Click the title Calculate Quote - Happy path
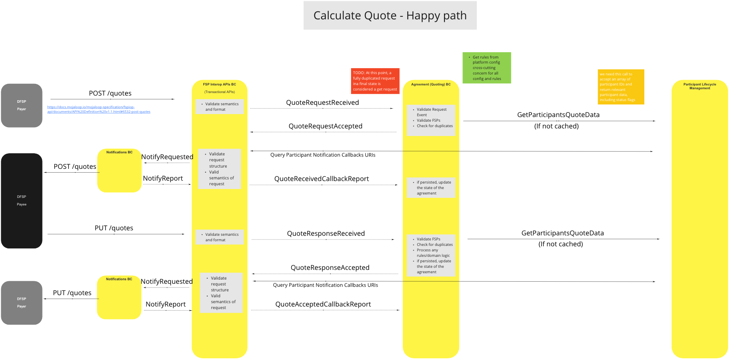(390, 16)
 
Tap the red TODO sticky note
(375, 81)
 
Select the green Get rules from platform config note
(486, 68)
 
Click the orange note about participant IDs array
(620, 87)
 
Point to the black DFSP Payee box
(21, 200)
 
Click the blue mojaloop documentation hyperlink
(98, 109)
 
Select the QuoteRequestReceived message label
(322, 103)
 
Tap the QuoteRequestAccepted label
(325, 126)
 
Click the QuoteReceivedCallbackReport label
(322, 179)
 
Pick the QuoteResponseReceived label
(326, 234)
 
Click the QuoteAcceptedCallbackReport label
(323, 304)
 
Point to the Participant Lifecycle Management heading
(699, 86)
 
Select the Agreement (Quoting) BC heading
(431, 85)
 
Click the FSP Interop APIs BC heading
(219, 85)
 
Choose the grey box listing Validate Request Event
(431, 120)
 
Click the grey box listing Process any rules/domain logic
(431, 255)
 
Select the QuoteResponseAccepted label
(330, 268)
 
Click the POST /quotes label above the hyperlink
(110, 93)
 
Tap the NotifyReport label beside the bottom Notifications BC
(165, 304)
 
